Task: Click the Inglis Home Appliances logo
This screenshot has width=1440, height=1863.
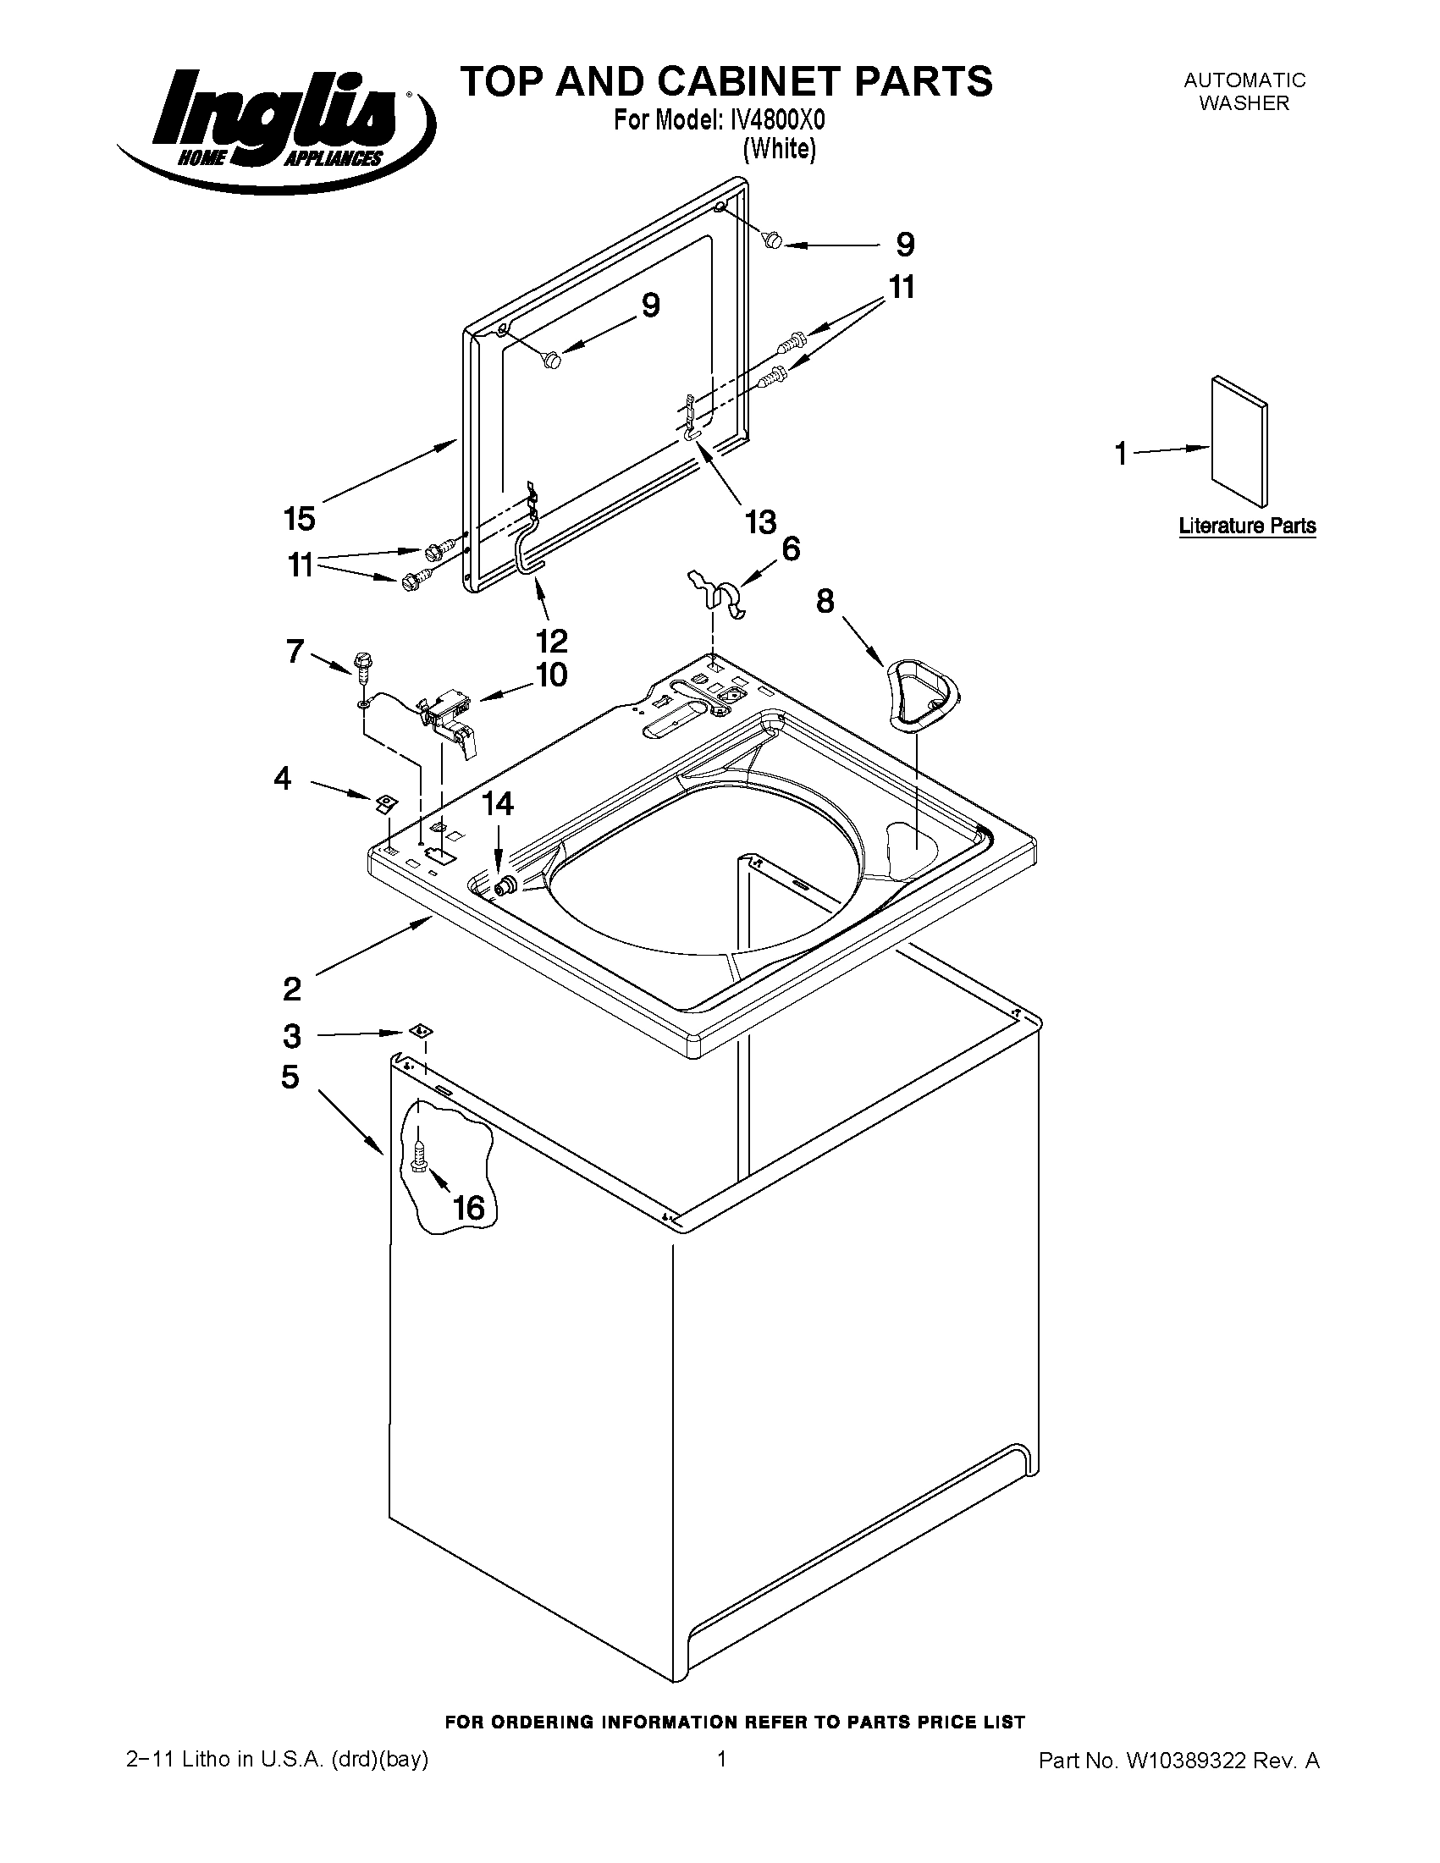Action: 274,128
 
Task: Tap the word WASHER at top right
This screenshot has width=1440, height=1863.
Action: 1244,103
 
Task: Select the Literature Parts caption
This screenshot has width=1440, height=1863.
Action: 1246,526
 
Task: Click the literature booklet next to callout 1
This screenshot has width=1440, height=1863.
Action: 1239,441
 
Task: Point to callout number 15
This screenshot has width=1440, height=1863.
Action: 300,518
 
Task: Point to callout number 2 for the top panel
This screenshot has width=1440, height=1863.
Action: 292,989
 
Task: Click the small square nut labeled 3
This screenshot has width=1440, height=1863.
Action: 419,1030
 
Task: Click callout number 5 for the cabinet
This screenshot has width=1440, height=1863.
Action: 291,1078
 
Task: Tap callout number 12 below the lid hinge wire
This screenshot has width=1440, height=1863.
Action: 552,640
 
